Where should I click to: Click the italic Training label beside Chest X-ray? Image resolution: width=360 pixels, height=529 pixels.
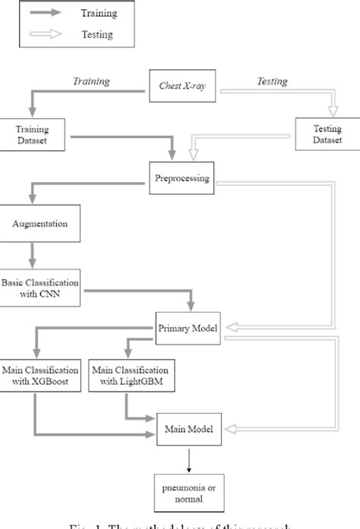92,80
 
